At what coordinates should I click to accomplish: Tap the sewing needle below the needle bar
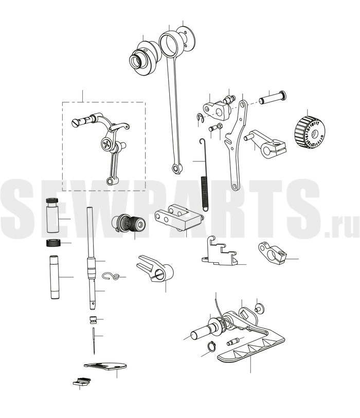[x=94, y=340]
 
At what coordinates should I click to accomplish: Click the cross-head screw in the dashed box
[x=106, y=145]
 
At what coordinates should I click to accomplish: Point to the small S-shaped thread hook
[x=111, y=276]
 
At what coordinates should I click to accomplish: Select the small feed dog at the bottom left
[x=82, y=381]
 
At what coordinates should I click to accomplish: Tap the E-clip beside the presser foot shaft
[x=212, y=347]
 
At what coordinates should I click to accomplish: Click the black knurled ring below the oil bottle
[x=53, y=243]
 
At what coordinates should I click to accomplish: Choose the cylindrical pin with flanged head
[x=273, y=98]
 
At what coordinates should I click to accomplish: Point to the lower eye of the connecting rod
[x=176, y=168]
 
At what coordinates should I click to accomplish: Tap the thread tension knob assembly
[x=129, y=223]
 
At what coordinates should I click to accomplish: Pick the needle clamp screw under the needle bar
[x=93, y=319]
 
